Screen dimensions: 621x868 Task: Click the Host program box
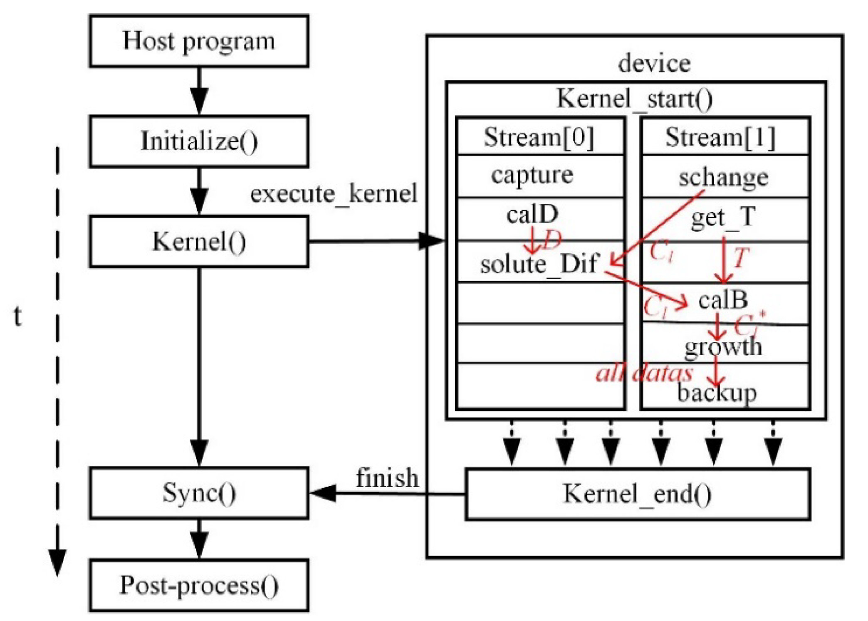199,41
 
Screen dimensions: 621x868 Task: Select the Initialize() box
199,141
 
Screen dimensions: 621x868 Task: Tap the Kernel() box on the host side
199,242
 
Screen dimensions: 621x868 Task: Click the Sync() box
199,493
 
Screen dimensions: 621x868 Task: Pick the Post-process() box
199,586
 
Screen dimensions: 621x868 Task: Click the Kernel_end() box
637,494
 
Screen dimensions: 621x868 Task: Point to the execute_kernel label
333,193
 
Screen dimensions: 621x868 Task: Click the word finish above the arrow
387,478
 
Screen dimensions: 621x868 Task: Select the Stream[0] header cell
539,137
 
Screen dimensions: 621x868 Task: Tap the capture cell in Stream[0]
532,175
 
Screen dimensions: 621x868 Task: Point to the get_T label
723,218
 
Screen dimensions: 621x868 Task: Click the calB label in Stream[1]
723,300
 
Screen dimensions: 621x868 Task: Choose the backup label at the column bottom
717,392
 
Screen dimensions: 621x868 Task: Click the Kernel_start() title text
634,99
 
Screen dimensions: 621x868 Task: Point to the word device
654,64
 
